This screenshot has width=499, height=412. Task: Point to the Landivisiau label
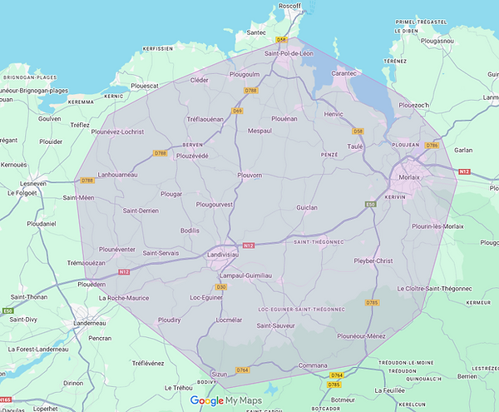[226, 256]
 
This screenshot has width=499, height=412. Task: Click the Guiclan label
[308, 207]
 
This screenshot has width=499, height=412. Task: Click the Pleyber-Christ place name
[373, 261]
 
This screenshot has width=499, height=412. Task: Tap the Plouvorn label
[249, 176]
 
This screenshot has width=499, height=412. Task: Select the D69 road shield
[237, 111]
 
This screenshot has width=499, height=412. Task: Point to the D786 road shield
[431, 146]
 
